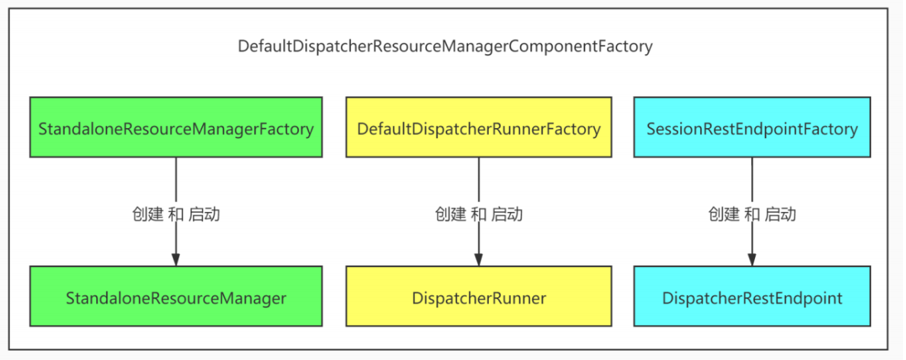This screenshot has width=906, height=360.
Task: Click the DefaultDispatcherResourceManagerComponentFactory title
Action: [x=445, y=47]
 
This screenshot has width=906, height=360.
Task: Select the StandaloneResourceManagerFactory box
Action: [x=175, y=127]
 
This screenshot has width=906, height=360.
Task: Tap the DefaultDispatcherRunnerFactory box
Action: [x=478, y=127]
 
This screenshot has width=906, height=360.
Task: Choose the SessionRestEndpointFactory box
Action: [x=752, y=127]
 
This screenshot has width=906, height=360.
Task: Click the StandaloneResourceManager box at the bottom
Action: [x=175, y=297]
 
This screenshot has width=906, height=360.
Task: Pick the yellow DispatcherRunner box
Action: [x=478, y=297]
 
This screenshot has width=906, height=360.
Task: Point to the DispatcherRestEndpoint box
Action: [x=752, y=297]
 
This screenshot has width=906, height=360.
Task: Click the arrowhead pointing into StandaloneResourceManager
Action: [x=175, y=259]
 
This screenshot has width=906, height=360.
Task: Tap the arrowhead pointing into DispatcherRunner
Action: [x=478, y=259]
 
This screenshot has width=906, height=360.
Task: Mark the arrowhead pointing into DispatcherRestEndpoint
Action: [x=752, y=259]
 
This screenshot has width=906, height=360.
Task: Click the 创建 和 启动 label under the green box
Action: [x=176, y=214]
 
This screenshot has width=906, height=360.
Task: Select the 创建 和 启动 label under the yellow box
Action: [x=479, y=214]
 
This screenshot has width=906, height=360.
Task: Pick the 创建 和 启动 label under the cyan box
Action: [x=752, y=214]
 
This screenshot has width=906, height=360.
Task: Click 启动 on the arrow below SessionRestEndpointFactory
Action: [x=781, y=214]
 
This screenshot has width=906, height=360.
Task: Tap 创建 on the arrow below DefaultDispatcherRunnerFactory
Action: [x=450, y=214]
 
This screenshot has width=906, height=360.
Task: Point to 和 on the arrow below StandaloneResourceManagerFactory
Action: [x=175, y=214]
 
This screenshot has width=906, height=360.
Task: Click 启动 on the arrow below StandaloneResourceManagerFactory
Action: [x=204, y=214]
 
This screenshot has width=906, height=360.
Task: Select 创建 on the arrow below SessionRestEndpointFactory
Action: [x=724, y=214]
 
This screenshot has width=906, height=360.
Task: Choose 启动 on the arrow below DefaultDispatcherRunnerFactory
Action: [x=507, y=214]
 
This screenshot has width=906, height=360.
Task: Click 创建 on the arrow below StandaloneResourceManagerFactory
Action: [x=147, y=214]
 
